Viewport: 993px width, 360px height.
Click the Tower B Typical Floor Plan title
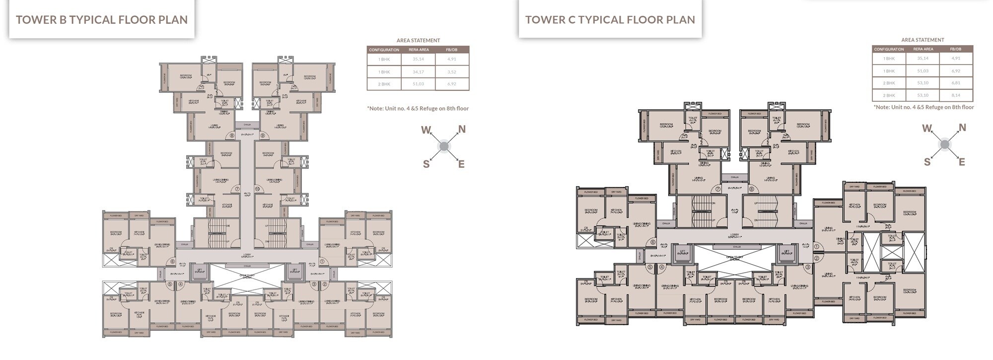pos(102,20)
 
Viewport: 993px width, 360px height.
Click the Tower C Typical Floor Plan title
pos(610,20)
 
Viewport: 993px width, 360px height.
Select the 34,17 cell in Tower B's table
pos(418,72)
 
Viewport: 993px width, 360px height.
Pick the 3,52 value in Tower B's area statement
pos(451,72)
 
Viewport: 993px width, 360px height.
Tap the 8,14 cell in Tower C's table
pos(956,95)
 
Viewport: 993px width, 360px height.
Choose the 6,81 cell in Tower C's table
pos(956,83)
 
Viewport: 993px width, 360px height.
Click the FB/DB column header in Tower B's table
pos(451,50)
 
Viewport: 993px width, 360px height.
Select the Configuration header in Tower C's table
pos(889,49)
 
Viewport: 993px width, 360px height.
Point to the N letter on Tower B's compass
pos(462,130)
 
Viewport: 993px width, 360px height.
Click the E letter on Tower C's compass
pos(962,162)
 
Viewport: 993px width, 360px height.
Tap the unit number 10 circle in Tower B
pos(258,189)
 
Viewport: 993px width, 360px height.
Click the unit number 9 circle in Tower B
pos(263,135)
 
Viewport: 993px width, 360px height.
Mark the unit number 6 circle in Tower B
pos(172,261)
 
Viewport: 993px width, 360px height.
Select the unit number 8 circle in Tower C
pos(752,189)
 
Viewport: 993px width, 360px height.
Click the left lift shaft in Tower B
pos(199,271)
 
